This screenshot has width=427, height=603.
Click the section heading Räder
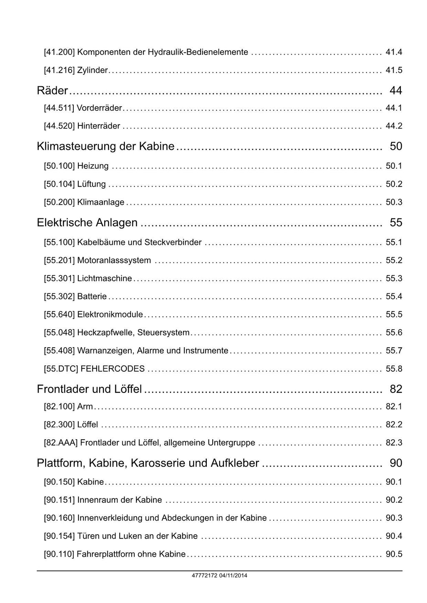(52, 90)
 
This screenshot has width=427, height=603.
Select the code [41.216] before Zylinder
(59, 70)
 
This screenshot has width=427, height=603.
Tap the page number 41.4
(394, 52)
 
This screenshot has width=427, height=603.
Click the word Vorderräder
(99, 108)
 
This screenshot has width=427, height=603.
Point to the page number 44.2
(394, 126)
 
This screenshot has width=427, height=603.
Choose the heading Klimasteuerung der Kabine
(105, 146)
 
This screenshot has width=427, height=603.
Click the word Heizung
(93, 166)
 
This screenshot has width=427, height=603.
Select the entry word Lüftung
(91, 184)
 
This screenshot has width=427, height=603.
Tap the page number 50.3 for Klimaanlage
(394, 202)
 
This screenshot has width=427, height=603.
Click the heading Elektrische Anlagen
(87, 223)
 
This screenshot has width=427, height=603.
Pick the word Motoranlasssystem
(114, 260)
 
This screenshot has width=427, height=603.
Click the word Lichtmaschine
(104, 278)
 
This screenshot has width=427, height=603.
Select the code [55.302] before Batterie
(59, 297)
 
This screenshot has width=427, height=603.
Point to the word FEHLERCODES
(112, 369)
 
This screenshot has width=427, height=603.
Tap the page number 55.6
(394, 333)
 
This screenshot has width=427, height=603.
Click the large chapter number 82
(396, 389)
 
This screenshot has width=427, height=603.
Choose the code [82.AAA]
(60, 443)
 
